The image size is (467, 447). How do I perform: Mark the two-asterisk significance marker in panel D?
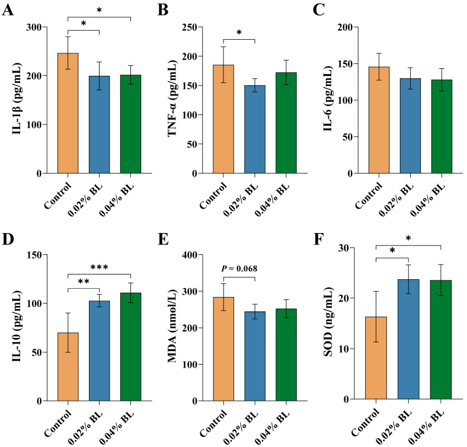point(84,282)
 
